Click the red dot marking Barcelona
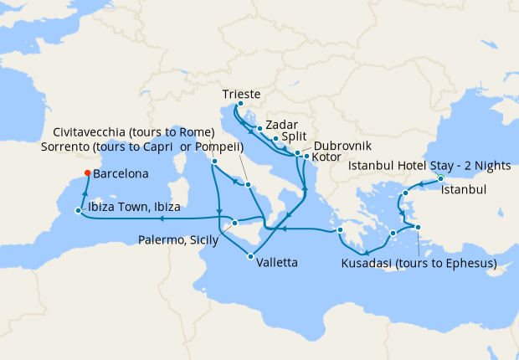[87, 175]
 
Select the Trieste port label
[243, 93]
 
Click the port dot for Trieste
[240, 105]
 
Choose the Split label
[294, 136]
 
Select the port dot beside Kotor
[306, 157]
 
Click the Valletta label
[275, 262]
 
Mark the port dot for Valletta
[251, 256]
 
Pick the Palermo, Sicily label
[178, 241]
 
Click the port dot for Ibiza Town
[78, 210]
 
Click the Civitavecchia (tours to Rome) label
[133, 133]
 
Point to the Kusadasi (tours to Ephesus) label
[419, 264]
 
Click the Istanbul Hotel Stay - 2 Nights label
[429, 166]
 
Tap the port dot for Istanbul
[440, 179]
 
